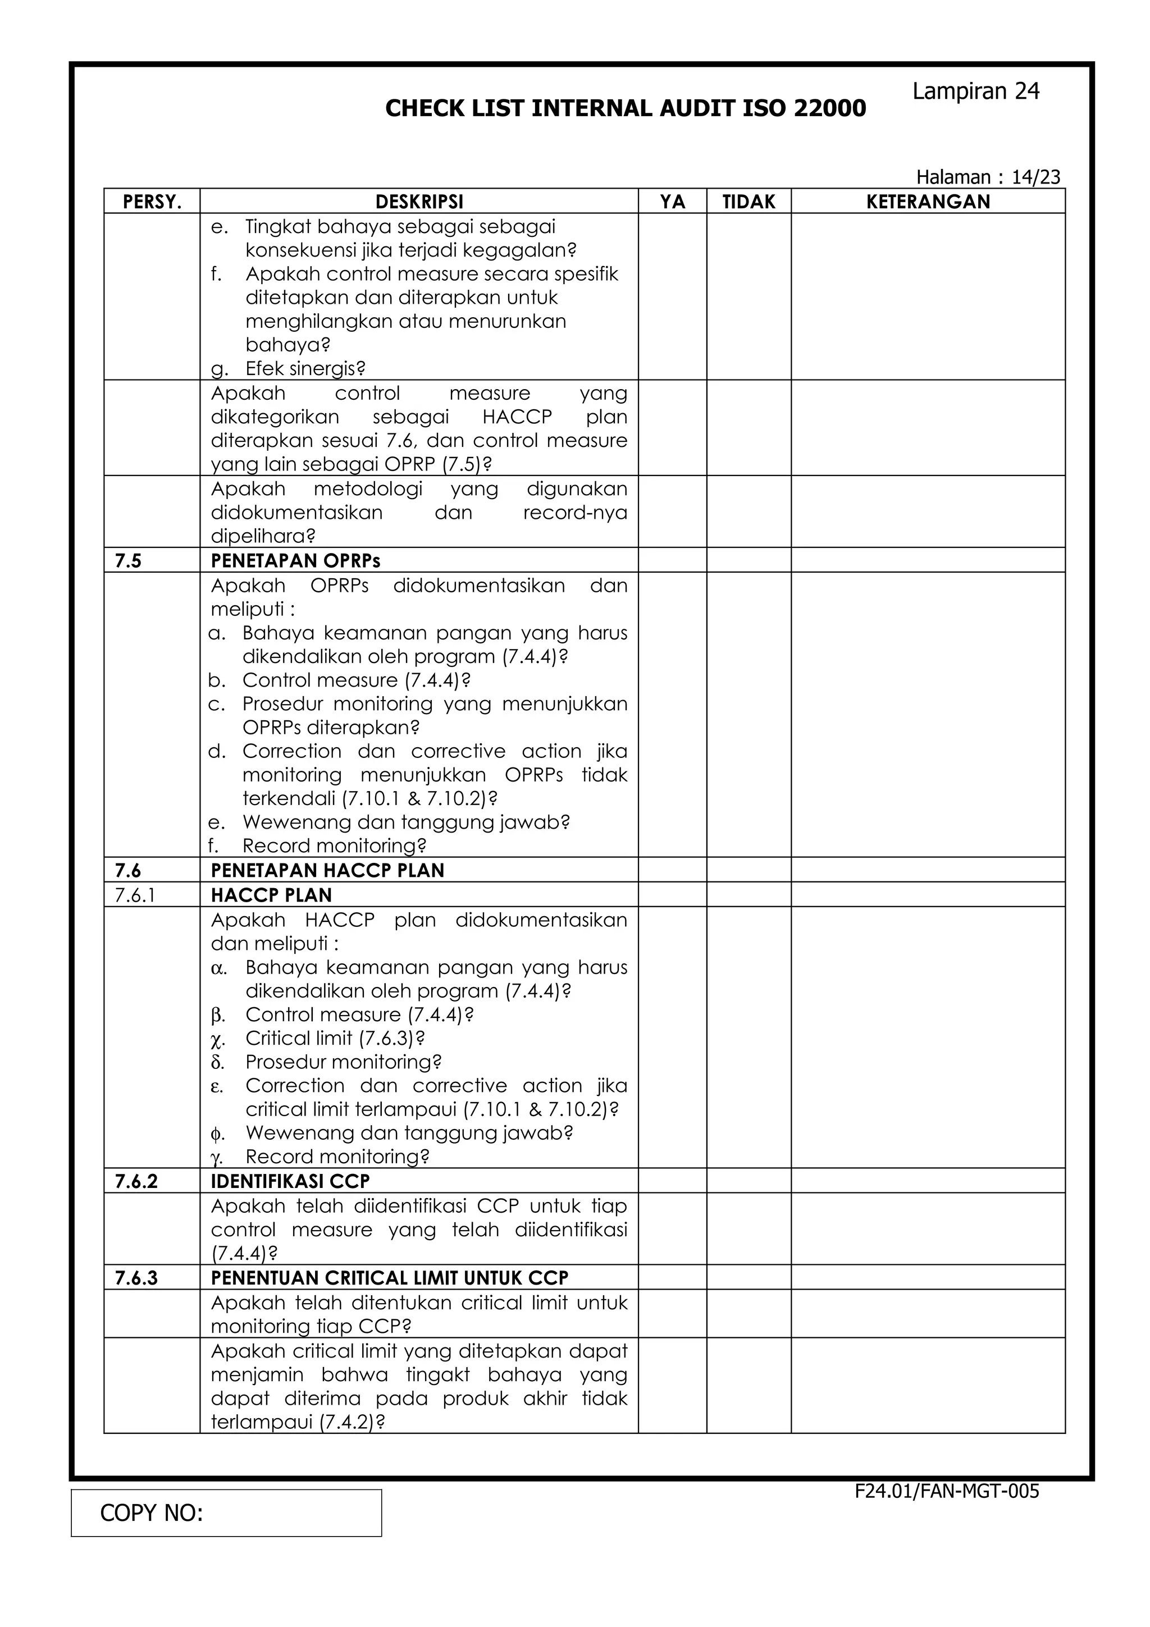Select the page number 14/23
tap(1035, 177)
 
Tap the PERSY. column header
tap(152, 202)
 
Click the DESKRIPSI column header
tap(419, 202)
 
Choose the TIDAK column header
tap(749, 202)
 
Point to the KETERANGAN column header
tap(928, 202)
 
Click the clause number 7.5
tap(128, 561)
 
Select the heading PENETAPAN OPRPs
tap(295, 561)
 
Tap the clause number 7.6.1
tap(135, 895)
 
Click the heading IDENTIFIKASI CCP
tap(290, 1181)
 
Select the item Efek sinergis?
tap(305, 368)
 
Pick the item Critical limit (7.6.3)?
tap(335, 1038)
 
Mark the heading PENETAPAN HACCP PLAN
tap(327, 870)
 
